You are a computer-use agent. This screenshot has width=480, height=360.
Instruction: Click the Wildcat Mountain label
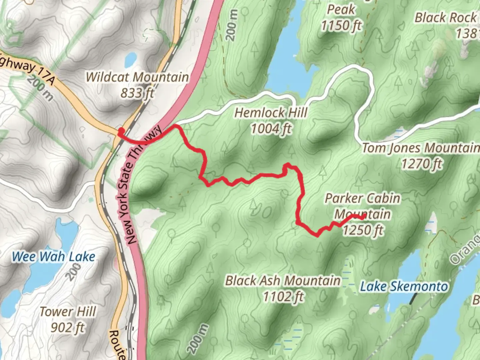tap(137, 77)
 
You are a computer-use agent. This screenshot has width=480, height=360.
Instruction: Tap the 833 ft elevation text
tap(137, 93)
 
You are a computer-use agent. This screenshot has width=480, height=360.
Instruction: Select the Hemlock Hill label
tap(271, 113)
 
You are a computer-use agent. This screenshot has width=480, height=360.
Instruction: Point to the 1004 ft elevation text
tap(271, 128)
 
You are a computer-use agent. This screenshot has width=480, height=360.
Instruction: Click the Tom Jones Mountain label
tap(421, 148)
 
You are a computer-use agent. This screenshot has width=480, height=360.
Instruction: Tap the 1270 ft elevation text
tap(421, 164)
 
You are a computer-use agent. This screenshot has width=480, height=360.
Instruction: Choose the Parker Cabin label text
tap(362, 198)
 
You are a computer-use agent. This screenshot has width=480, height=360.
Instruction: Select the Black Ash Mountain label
tap(283, 280)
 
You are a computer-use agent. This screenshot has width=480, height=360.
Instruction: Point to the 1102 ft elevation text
tap(283, 296)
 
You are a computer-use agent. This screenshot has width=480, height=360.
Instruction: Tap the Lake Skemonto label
tap(404, 286)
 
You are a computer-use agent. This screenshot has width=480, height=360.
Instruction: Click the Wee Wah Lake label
tap(53, 257)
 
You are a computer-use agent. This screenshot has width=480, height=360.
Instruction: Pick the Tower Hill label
tap(68, 312)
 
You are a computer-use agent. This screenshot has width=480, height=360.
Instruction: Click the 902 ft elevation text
tap(68, 327)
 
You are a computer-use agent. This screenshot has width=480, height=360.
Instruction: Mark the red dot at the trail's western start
tap(121, 131)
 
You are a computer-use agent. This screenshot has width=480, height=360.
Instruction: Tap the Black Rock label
tap(445, 18)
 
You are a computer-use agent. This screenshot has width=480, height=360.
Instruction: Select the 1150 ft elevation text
tap(341, 25)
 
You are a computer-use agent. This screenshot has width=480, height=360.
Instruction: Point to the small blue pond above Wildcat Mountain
tap(130, 59)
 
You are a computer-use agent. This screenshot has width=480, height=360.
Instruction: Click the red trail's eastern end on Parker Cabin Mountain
tap(364, 217)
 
